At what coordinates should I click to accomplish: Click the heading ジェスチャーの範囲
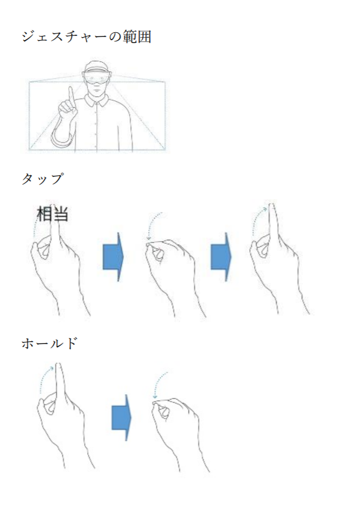(86, 36)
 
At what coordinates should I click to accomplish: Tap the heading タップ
(42, 179)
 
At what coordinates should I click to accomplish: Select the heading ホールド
(49, 343)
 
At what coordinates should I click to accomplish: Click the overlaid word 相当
(52, 214)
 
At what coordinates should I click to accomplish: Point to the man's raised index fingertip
(70, 88)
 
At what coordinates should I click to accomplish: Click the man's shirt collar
(97, 99)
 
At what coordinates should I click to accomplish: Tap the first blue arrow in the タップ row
(113, 257)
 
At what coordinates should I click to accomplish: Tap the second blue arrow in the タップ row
(221, 257)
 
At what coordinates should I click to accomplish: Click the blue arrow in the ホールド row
(121, 417)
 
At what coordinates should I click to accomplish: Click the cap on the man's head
(96, 66)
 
